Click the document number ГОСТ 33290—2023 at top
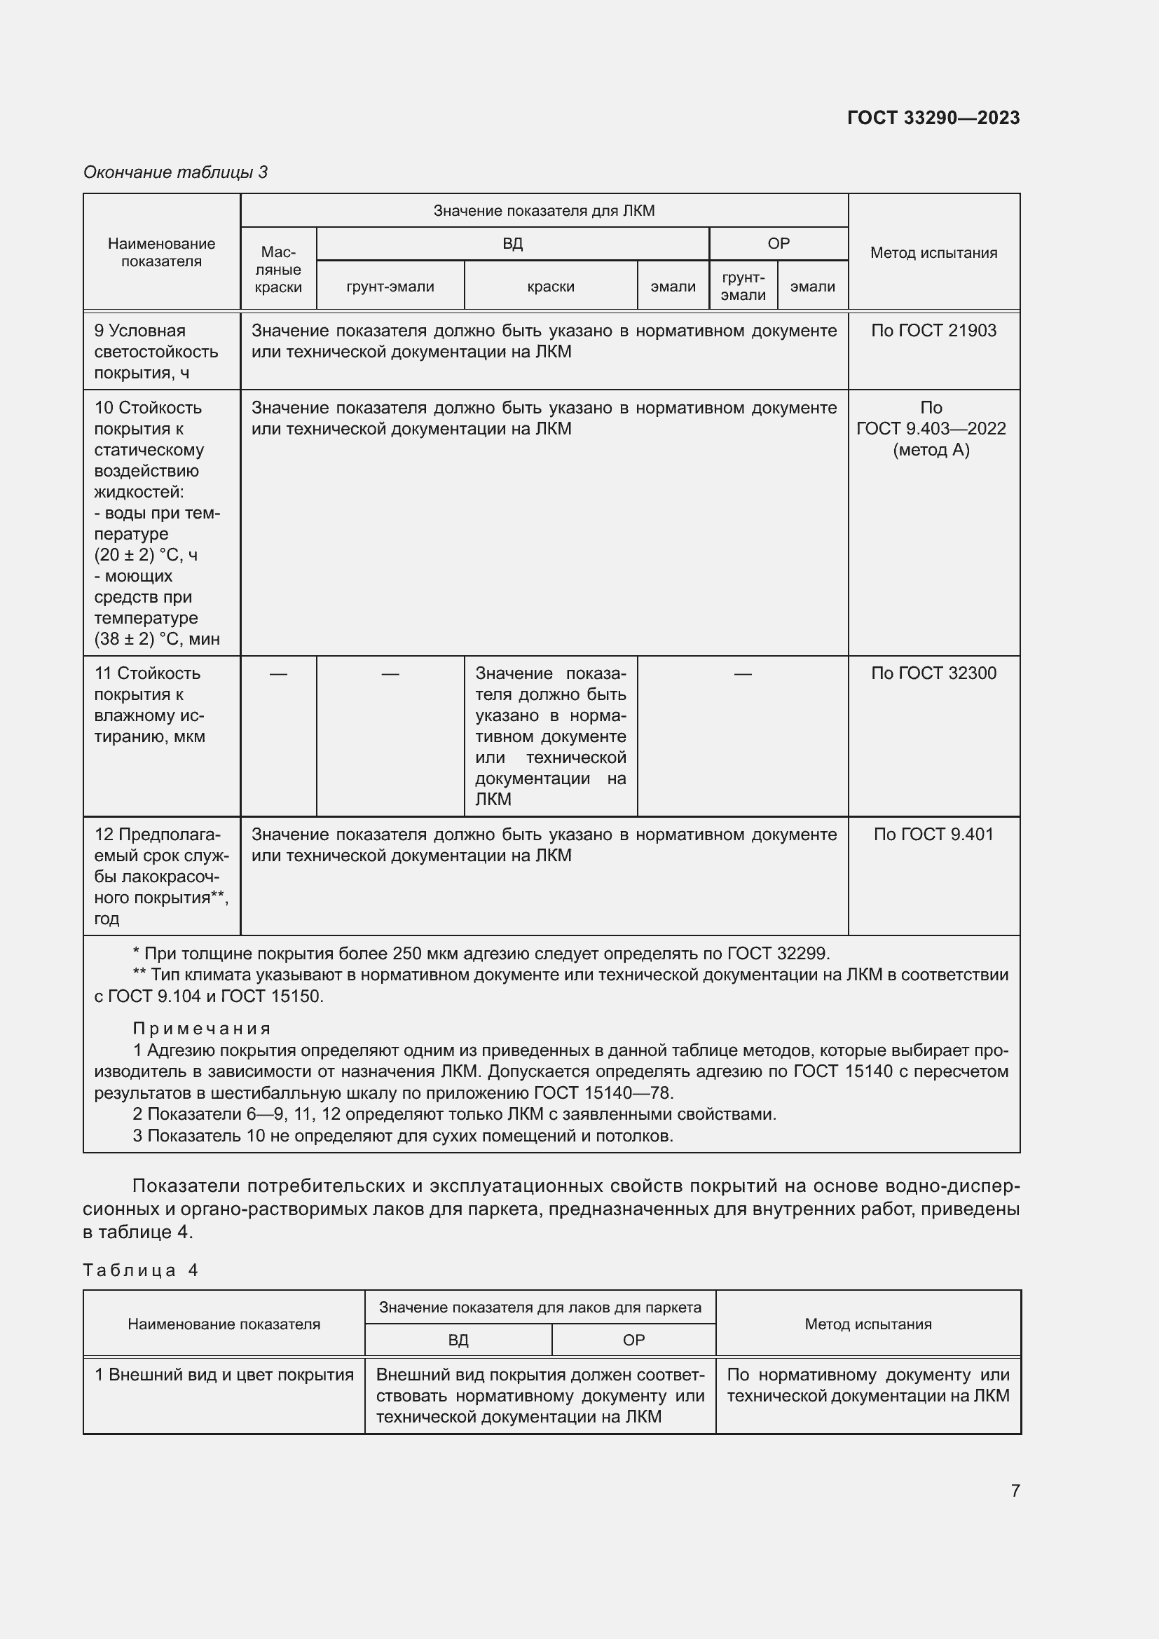click(933, 118)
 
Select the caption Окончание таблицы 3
click(176, 172)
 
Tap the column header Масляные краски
click(278, 269)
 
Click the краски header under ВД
click(550, 287)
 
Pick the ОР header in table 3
click(778, 243)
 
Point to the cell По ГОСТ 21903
click(933, 331)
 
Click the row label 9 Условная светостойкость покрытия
click(156, 351)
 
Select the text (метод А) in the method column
click(931, 450)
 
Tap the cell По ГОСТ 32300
click(933, 673)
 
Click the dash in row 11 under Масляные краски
click(278, 674)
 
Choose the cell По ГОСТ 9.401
click(933, 834)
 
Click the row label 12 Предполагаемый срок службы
click(160, 876)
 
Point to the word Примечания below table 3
click(202, 1028)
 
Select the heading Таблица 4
click(141, 1270)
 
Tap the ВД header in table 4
click(458, 1340)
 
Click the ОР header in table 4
click(633, 1340)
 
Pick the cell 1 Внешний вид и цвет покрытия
click(224, 1375)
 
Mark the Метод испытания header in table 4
click(867, 1324)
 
